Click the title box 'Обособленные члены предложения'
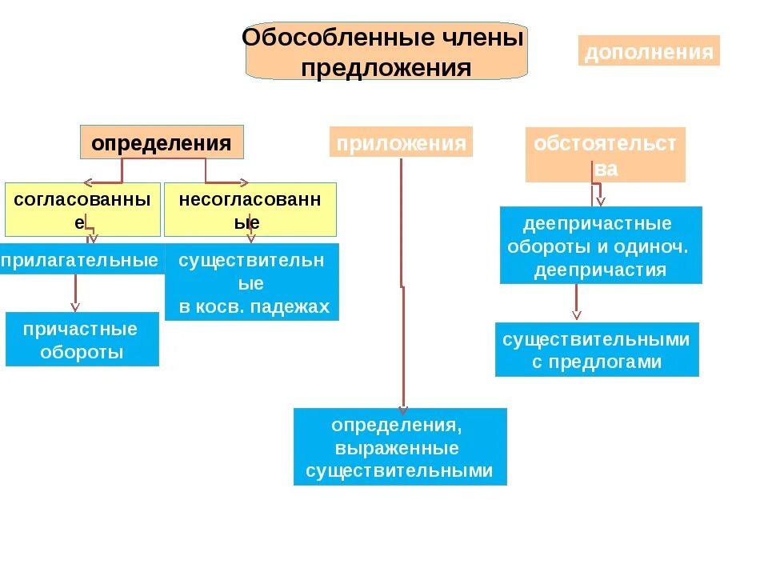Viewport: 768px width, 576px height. (x=386, y=51)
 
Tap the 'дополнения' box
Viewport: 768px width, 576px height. (x=649, y=52)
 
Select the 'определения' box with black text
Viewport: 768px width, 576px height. (x=161, y=143)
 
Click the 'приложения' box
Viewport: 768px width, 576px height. (x=401, y=142)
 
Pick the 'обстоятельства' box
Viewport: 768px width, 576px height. (x=605, y=155)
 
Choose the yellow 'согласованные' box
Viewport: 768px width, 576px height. (x=82, y=210)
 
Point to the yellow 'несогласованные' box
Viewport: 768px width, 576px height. (x=250, y=210)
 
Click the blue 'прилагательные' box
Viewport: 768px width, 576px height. (x=80, y=259)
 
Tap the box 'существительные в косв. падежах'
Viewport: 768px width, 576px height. (x=252, y=283)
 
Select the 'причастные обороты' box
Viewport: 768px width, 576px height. (x=82, y=340)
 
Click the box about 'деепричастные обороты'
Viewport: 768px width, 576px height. (x=600, y=246)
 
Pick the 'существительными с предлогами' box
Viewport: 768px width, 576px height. (x=596, y=350)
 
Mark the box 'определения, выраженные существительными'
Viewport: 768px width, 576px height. (x=400, y=447)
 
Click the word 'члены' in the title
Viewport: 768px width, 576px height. (x=484, y=38)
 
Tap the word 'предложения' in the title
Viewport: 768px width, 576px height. (x=386, y=67)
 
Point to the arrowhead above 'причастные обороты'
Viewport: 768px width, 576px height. (x=76, y=306)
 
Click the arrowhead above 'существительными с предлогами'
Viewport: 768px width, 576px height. (x=577, y=315)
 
